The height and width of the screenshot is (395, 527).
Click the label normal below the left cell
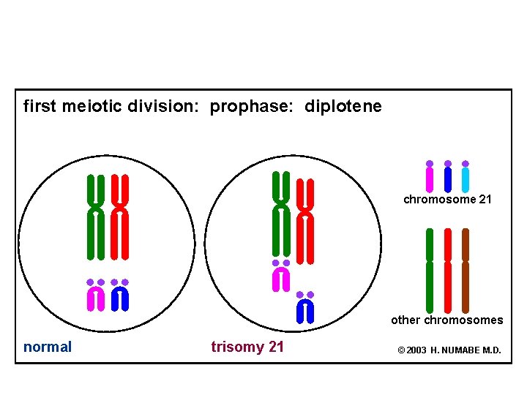pyautogui.click(x=48, y=347)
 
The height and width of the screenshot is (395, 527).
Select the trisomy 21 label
pyautogui.click(x=247, y=347)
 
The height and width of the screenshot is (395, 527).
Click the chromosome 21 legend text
pyautogui.click(x=447, y=199)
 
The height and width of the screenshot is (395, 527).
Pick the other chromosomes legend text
pyautogui.click(x=446, y=320)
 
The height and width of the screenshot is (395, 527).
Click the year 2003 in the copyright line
pyautogui.click(x=416, y=350)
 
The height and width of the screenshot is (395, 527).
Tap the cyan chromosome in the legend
pyautogui.click(x=466, y=178)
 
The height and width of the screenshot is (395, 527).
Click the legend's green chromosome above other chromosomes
pyautogui.click(x=430, y=271)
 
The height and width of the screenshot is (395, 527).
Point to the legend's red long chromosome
pyautogui.click(x=447, y=271)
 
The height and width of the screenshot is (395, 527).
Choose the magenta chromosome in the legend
pyautogui.click(x=430, y=178)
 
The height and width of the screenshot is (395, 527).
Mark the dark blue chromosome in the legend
pyautogui.click(x=447, y=178)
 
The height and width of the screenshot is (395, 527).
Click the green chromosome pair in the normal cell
pyautogui.click(x=95, y=217)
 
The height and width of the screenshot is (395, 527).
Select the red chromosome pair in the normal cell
pyautogui.click(x=120, y=217)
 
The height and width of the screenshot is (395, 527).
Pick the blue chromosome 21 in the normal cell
pyautogui.click(x=120, y=297)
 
